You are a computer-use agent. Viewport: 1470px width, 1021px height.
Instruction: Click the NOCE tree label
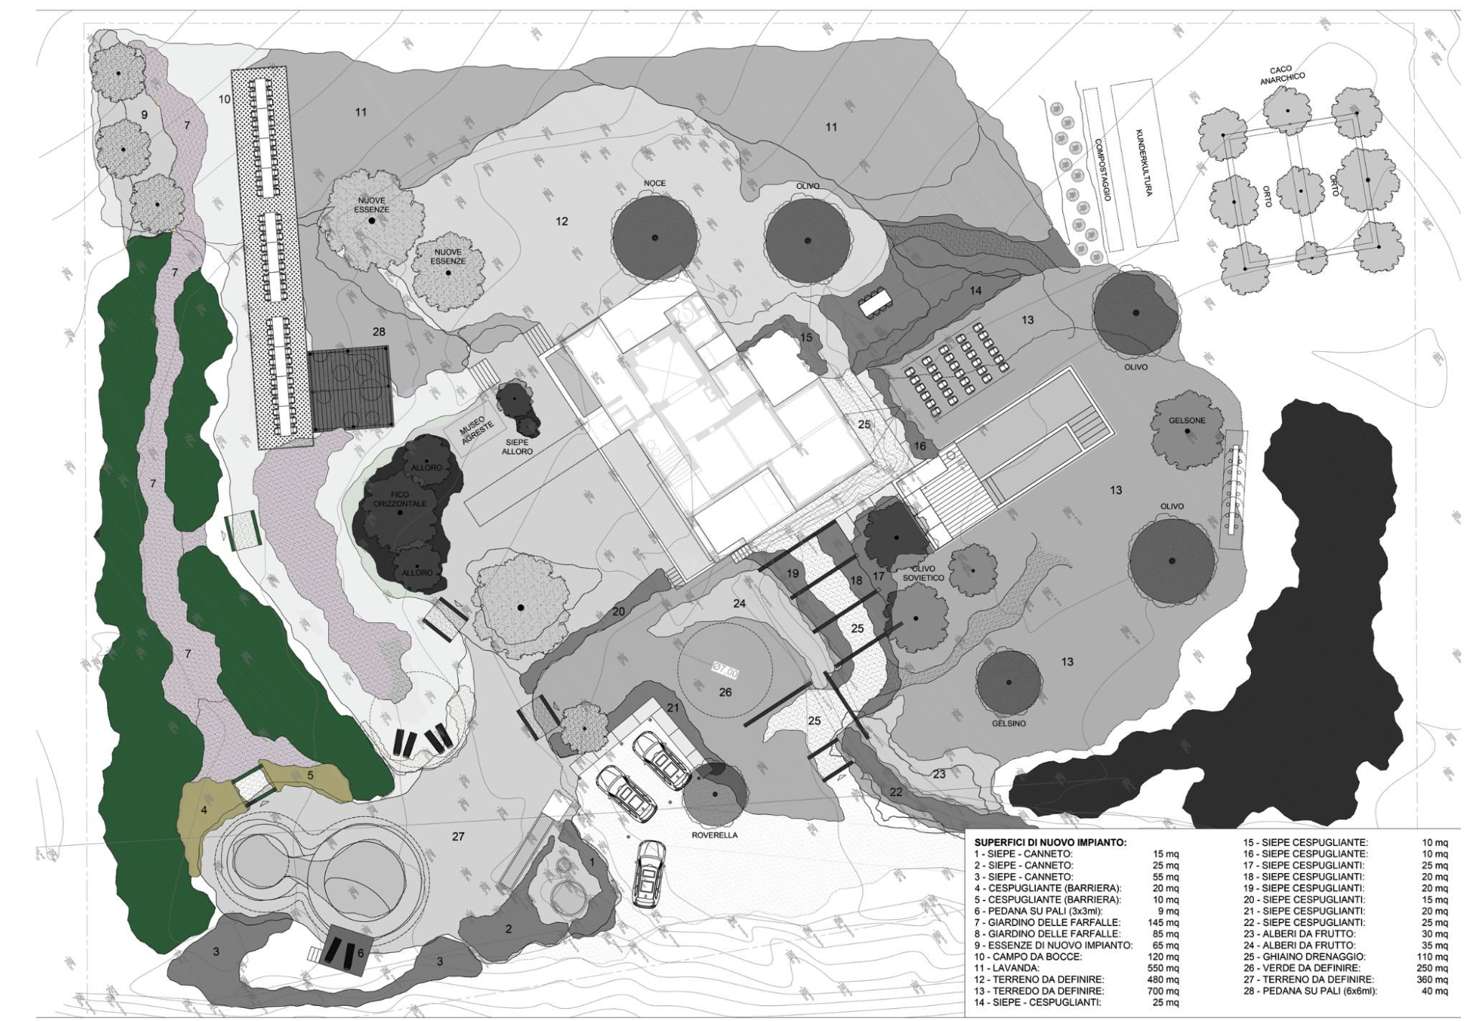click(654, 183)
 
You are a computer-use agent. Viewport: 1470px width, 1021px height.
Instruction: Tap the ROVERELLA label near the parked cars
click(714, 835)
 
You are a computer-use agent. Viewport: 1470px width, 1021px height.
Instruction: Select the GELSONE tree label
click(1186, 420)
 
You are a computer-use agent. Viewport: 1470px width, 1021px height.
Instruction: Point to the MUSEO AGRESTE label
click(477, 429)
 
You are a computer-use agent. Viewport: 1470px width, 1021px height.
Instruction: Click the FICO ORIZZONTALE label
click(400, 499)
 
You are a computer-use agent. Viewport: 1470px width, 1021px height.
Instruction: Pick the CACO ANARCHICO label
click(1282, 75)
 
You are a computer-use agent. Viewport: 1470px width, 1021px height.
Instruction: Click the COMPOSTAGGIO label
click(1102, 169)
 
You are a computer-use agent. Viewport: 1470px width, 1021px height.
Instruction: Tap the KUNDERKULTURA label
click(1143, 163)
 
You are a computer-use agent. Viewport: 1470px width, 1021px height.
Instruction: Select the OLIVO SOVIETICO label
click(923, 573)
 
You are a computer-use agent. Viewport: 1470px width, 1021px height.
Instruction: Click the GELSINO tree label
click(1008, 723)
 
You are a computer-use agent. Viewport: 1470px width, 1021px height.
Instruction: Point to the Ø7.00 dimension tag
click(725, 670)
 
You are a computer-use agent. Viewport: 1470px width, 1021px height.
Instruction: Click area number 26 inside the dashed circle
click(725, 692)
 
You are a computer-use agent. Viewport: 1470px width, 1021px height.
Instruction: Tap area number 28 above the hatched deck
click(378, 332)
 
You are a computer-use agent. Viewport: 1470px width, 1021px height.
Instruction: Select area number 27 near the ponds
click(458, 836)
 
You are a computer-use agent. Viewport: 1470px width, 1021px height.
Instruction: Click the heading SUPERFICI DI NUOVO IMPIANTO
click(1050, 842)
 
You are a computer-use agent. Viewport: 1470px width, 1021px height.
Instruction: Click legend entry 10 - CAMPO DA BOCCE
click(1031, 956)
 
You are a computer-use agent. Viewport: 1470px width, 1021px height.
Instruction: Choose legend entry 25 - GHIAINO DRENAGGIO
click(1304, 956)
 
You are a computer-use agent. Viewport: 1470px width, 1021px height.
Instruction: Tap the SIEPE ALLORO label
click(517, 447)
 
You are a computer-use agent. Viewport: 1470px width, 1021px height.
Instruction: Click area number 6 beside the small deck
click(360, 953)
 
